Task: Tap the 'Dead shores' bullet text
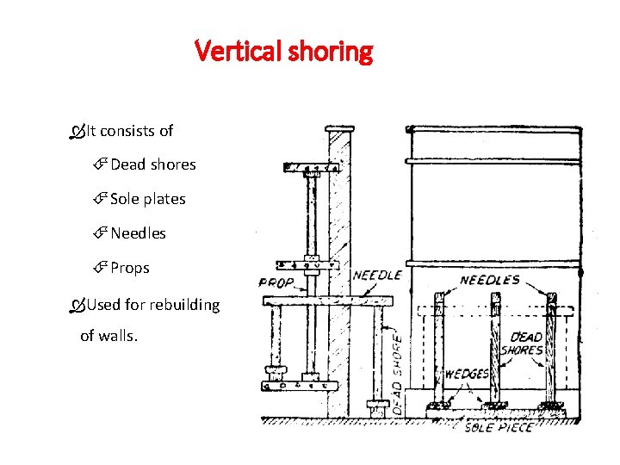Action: coord(152,164)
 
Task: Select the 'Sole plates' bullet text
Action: coord(147,199)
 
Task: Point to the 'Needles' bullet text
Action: coord(138,233)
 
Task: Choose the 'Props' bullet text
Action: coord(129,268)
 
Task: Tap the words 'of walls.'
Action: coord(108,336)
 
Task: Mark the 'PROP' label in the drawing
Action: coord(276,282)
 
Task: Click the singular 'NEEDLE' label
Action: coord(377,276)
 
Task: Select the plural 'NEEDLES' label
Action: coord(489,280)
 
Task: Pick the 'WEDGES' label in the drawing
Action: coord(467,375)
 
